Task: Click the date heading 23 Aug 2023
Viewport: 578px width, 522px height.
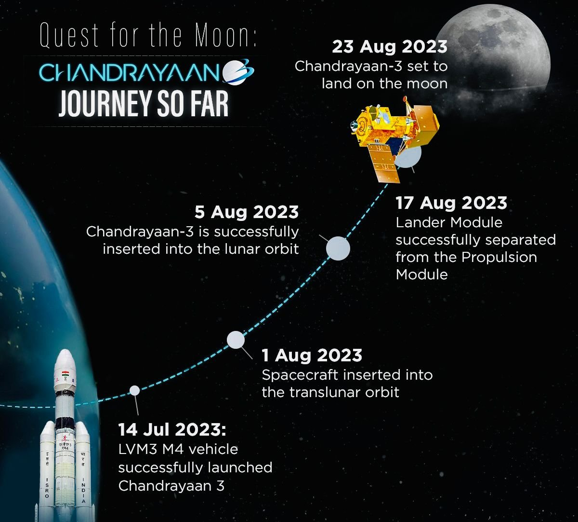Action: tap(390, 47)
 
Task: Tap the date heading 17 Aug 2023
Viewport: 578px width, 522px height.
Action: tap(451, 203)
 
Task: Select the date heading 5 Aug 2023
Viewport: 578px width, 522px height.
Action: tap(247, 212)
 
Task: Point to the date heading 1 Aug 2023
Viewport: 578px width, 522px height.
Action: tap(312, 355)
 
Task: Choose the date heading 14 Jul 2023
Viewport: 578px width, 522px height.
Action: tap(172, 429)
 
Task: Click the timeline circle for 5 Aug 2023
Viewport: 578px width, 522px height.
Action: tap(338, 248)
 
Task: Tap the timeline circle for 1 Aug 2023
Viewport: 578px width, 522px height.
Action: tap(236, 340)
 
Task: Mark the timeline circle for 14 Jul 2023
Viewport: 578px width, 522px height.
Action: tap(134, 390)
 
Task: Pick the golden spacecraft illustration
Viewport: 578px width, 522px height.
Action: tap(395, 140)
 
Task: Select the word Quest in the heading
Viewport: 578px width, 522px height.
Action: tap(69, 35)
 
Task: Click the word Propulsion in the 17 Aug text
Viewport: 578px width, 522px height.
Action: tap(499, 258)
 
